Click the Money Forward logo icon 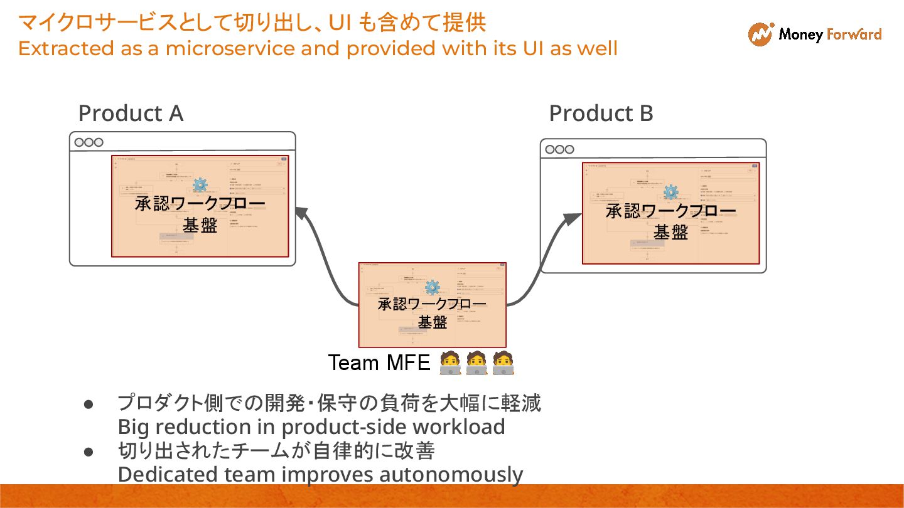point(760,34)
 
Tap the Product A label point(131,114)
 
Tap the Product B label point(601,114)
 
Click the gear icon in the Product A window point(200,184)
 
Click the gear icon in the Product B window point(670,192)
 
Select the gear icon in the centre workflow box point(432,287)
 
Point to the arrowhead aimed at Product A point(301,214)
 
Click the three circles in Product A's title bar point(89,142)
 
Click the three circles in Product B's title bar point(559,149)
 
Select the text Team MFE point(379,362)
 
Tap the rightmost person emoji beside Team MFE point(503,362)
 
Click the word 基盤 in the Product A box point(200,225)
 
